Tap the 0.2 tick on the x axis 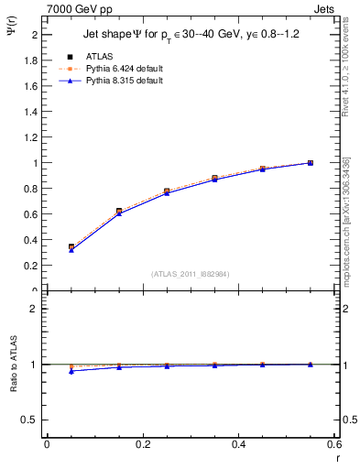(142, 445)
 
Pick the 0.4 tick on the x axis (239, 445)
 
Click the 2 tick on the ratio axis (33, 309)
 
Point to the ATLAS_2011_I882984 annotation (190, 273)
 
